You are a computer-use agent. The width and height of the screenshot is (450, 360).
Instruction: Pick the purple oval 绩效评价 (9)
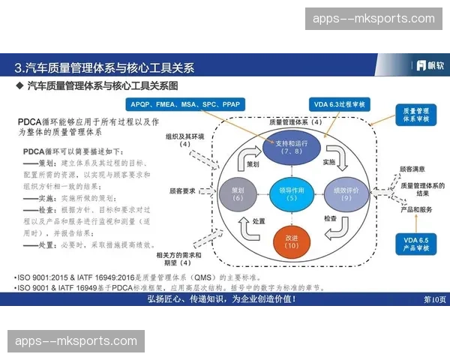tap(346, 193)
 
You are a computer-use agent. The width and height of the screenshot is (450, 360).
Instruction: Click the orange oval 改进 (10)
tap(291, 240)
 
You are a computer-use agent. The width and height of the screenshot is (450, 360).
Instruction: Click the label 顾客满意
tap(413, 169)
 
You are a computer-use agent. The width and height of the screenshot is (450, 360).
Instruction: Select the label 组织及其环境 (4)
tap(184, 142)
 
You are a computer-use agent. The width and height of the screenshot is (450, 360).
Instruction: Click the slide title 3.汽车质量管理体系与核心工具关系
tap(104, 67)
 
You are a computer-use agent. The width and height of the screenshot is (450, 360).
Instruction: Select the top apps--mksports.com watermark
tap(373, 19)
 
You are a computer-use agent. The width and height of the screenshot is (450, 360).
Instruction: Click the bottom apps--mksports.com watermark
tap(77, 341)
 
